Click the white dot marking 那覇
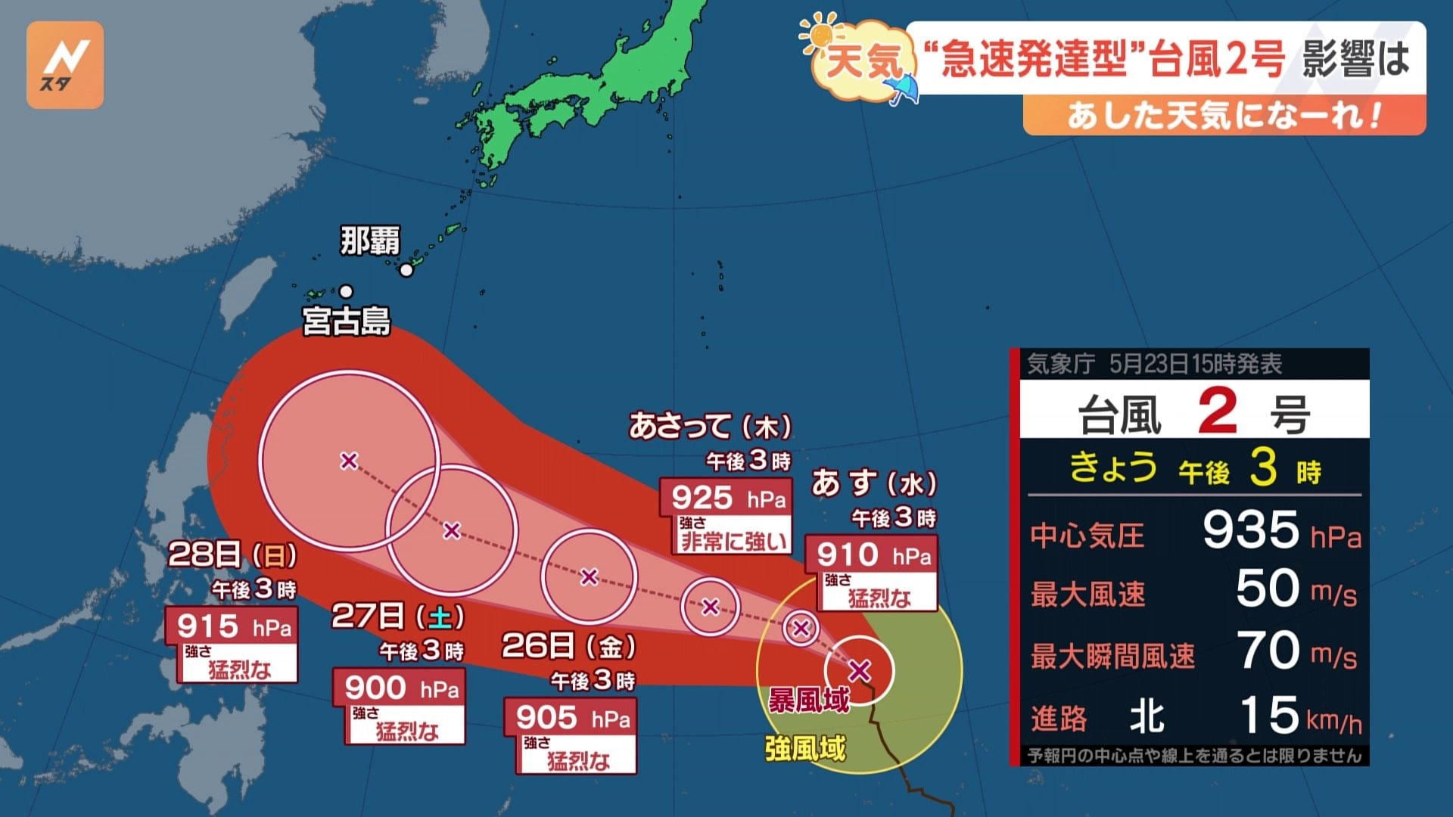pyautogui.click(x=406, y=270)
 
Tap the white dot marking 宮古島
pyautogui.click(x=346, y=291)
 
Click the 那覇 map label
pyautogui.click(x=369, y=242)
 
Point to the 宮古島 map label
pyautogui.click(x=347, y=321)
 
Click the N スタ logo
pyautogui.click(x=65, y=65)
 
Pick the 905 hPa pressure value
pyautogui.click(x=571, y=718)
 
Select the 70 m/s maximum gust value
pyautogui.click(x=1295, y=651)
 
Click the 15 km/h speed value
pyautogui.click(x=1299, y=716)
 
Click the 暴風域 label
pyautogui.click(x=808, y=701)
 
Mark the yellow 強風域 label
pyautogui.click(x=804, y=748)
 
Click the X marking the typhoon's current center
pyautogui.click(x=859, y=670)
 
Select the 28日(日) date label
pyautogui.click(x=232, y=555)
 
